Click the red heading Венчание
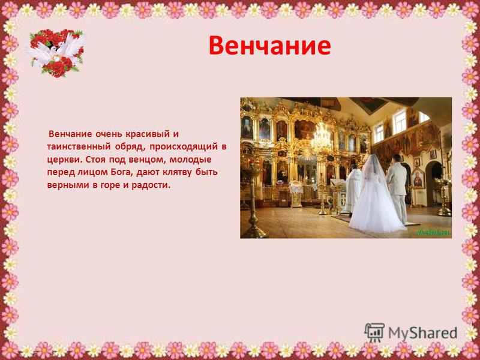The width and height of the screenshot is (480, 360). click(x=269, y=46)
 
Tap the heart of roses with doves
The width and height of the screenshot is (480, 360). click(x=56, y=53)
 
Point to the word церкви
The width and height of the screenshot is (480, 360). click(x=65, y=160)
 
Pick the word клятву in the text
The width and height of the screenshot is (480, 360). click(x=176, y=172)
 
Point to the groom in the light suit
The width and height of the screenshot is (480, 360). click(x=397, y=188)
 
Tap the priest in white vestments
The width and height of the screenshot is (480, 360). click(x=353, y=188)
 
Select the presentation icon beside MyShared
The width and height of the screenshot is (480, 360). click(x=374, y=332)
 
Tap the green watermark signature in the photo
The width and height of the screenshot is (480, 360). click(x=432, y=233)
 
